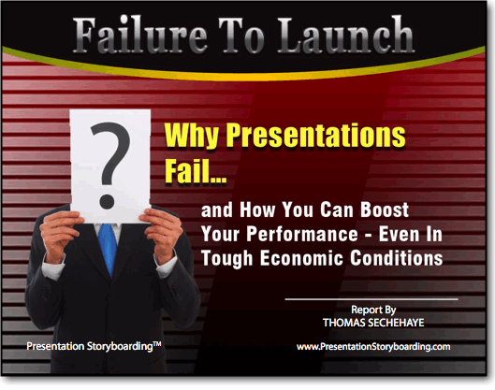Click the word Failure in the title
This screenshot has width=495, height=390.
click(140, 36)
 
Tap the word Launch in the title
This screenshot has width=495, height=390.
click(345, 36)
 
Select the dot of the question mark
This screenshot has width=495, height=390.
click(107, 202)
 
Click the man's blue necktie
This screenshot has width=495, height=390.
click(108, 248)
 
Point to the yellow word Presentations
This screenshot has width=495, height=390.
click(315, 136)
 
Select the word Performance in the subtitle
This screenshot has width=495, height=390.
click(302, 234)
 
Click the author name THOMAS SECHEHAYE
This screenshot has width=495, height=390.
click(373, 323)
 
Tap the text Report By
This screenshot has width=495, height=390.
click(373, 310)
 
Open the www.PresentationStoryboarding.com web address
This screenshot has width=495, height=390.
click(373, 346)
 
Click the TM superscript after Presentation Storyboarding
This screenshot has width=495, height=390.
click(157, 344)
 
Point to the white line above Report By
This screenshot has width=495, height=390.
click(371, 298)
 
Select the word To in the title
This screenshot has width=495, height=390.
click(241, 36)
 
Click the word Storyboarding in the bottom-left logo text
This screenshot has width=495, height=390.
click(120, 346)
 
